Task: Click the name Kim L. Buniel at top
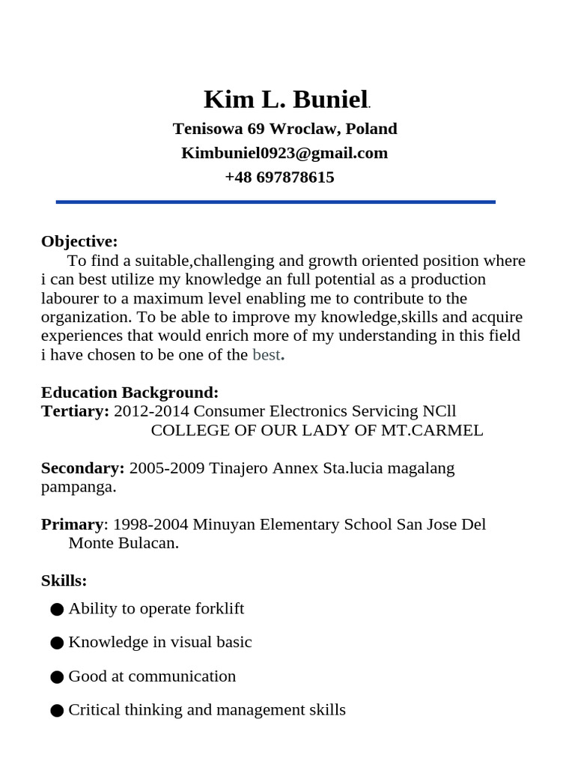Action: [285, 100]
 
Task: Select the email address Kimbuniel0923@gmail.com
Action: [285, 153]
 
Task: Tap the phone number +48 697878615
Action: [279, 178]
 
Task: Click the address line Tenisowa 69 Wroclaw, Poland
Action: [285, 129]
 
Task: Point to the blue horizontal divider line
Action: [276, 201]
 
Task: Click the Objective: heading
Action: [79, 241]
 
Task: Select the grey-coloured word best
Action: [266, 355]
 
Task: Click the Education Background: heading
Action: [130, 392]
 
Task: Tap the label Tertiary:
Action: [75, 411]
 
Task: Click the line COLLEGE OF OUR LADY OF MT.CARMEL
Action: [317, 431]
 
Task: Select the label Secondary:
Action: [82, 468]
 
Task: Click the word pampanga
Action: [78, 487]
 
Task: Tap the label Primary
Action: [72, 524]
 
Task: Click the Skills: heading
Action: [64, 580]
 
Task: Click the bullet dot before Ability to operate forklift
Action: [57, 609]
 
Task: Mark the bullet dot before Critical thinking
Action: [57, 710]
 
